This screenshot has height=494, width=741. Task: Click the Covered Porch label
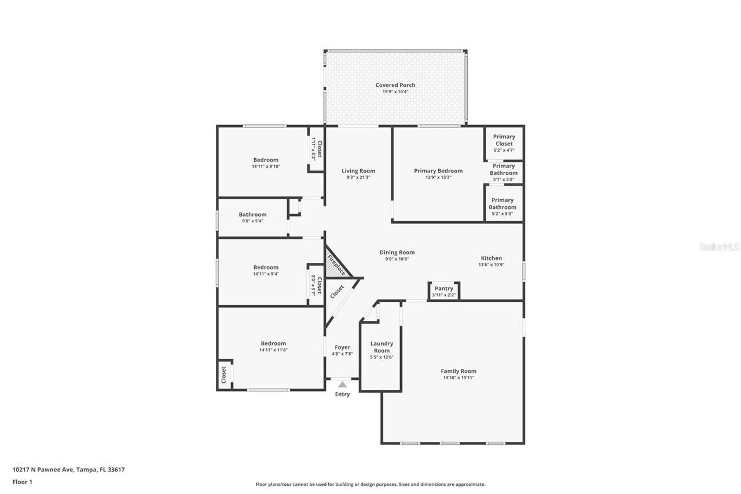[x=395, y=85]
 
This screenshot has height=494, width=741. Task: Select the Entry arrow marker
[x=342, y=385]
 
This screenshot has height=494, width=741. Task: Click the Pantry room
[x=444, y=291]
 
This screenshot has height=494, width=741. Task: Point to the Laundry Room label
[x=381, y=347]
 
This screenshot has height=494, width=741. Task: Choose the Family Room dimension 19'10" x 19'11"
[x=458, y=378]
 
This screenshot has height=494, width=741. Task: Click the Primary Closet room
[x=504, y=143]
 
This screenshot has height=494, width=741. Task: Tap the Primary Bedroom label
[x=438, y=171]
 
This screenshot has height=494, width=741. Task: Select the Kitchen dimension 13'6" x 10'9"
[x=491, y=265]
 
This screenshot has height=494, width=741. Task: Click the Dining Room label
[x=397, y=253]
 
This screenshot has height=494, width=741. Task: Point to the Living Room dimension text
[x=358, y=177]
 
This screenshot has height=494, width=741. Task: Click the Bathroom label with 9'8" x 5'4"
[x=252, y=214]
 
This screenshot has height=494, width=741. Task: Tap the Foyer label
[x=342, y=347]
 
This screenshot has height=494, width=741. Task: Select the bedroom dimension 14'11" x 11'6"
[x=273, y=350]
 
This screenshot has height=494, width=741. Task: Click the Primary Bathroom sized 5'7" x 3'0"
[x=504, y=173]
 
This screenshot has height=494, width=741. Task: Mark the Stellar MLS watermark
[x=719, y=247]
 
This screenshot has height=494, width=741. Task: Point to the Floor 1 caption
[x=22, y=482]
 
